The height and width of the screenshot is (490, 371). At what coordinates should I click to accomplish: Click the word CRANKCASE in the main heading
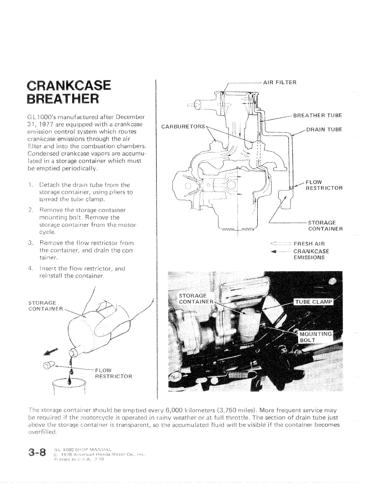[x=69, y=85]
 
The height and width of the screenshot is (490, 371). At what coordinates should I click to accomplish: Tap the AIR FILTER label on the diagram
[x=280, y=82]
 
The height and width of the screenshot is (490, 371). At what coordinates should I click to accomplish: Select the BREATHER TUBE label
[x=317, y=116]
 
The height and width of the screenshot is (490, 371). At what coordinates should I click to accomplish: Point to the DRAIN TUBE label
[x=324, y=129]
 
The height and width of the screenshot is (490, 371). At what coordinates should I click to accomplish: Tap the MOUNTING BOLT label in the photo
[x=315, y=337]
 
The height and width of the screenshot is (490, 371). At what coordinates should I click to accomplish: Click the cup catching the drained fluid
[x=69, y=387]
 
